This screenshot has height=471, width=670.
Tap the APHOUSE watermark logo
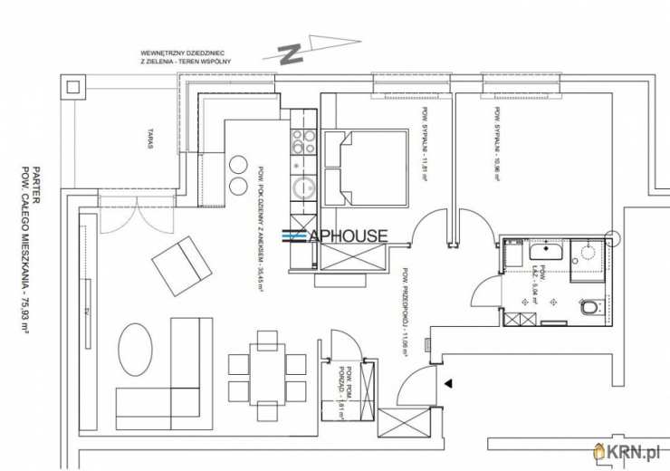point(336,235)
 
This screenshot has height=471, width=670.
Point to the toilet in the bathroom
point(589,307)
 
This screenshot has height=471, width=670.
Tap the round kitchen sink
point(302,187)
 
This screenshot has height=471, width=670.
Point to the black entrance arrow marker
point(447,383)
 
